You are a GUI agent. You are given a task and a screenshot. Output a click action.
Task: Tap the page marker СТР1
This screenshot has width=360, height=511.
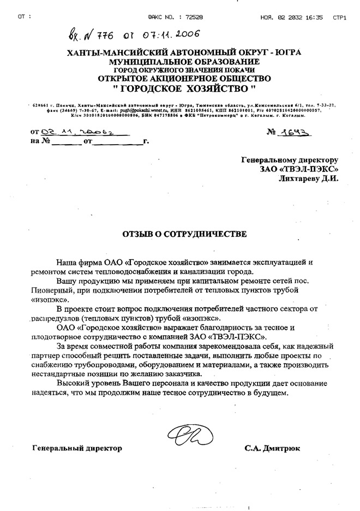[x=340, y=17]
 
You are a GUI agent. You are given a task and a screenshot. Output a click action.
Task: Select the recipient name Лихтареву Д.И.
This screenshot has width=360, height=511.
[x=309, y=177]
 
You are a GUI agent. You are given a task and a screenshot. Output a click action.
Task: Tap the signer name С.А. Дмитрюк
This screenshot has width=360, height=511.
[x=272, y=449]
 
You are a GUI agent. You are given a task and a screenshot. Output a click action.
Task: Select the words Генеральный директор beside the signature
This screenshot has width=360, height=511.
[x=77, y=449]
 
